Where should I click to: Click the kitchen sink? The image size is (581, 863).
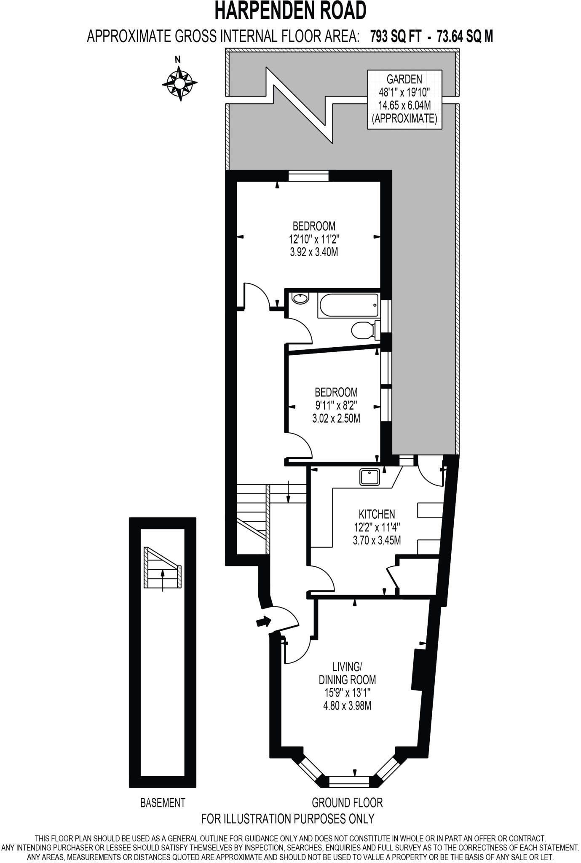[369, 477]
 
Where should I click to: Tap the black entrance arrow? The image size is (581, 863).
[264, 621]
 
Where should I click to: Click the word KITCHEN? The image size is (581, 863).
[377, 514]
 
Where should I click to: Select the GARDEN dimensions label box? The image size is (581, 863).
[404, 99]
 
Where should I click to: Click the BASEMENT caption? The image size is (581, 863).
[163, 802]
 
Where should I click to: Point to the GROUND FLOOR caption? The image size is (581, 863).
[347, 802]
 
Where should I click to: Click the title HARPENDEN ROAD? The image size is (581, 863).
[290, 11]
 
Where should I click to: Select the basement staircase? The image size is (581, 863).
[163, 568]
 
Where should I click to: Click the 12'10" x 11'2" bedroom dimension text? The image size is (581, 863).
[314, 239]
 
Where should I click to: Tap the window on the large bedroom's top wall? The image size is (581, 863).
[308, 175]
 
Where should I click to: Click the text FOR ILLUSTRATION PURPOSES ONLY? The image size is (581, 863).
[288, 819]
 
